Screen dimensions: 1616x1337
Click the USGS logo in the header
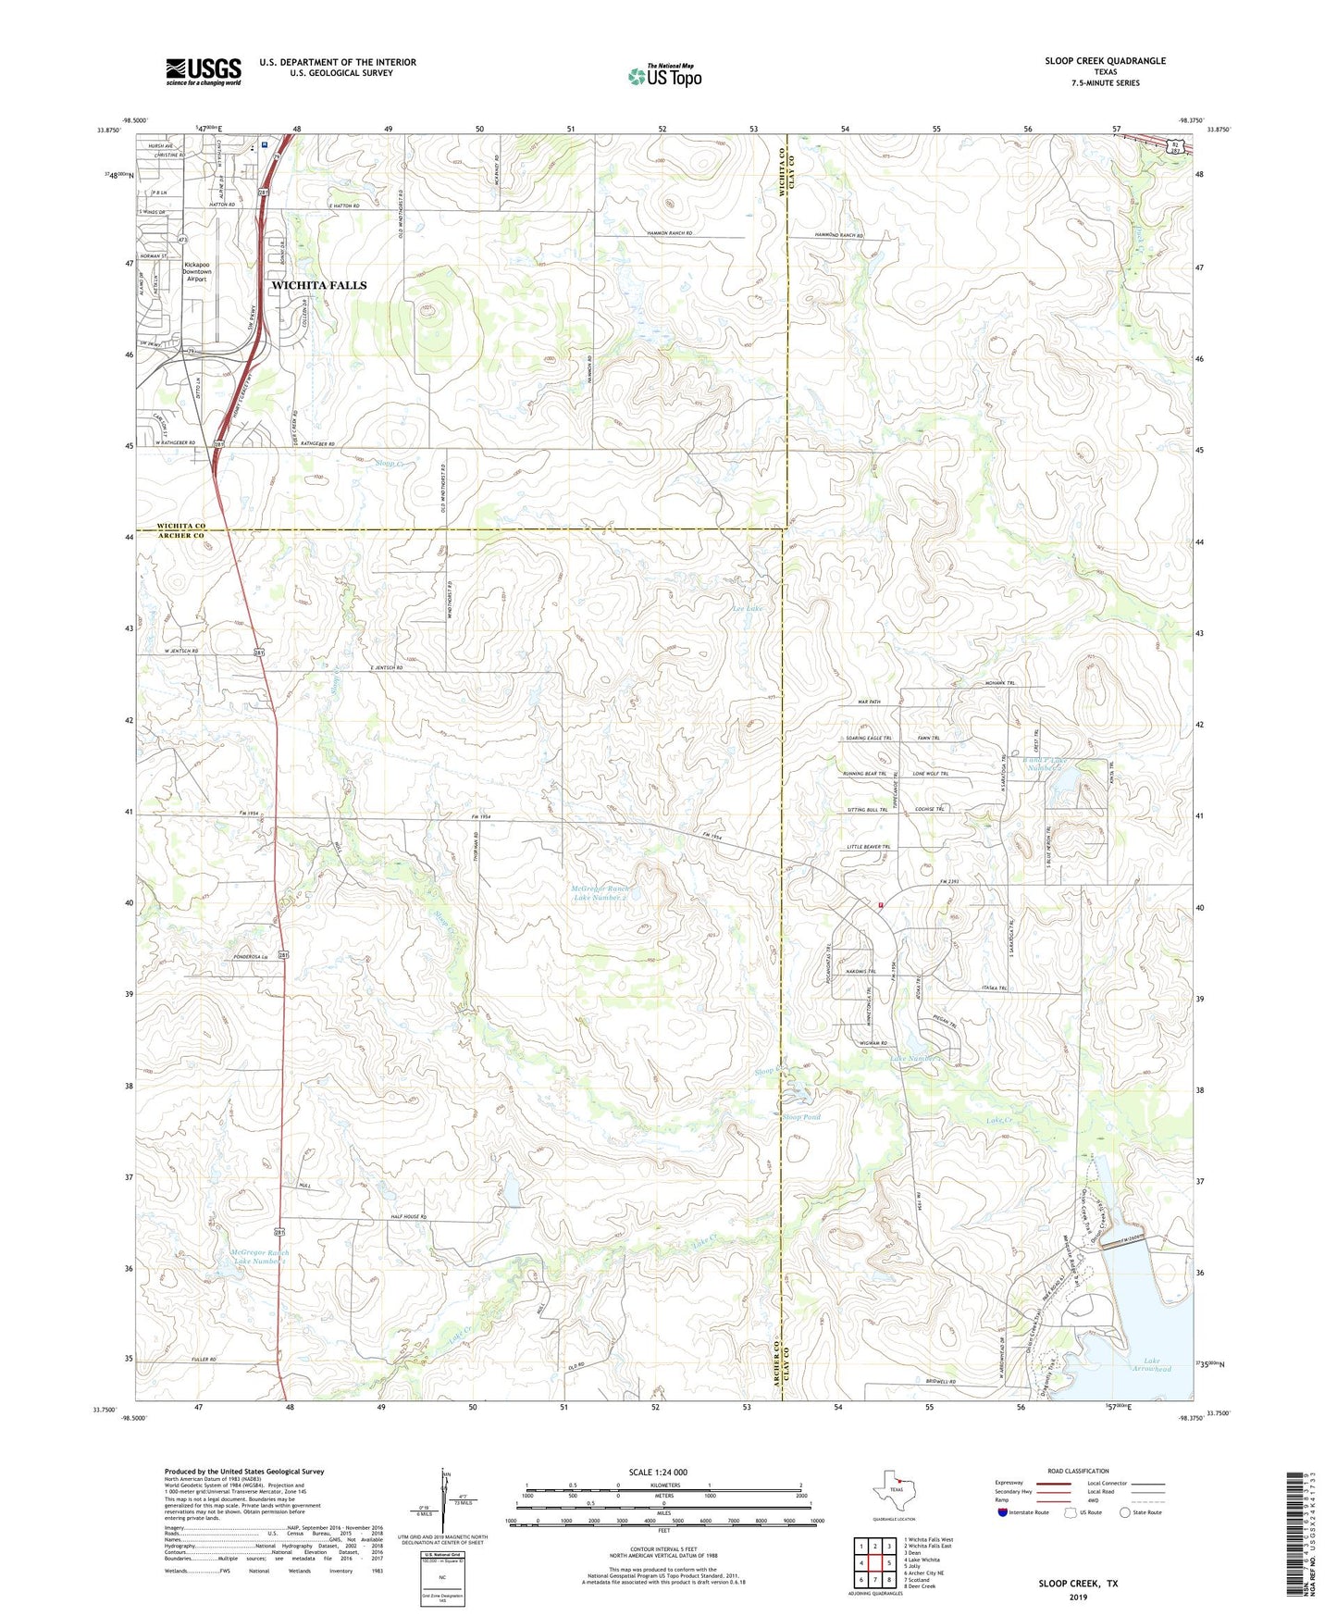tap(204, 70)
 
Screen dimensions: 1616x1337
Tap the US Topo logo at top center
tap(663, 76)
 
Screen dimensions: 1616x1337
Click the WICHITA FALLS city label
tap(319, 285)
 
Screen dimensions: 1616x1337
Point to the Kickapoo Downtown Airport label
tap(197, 271)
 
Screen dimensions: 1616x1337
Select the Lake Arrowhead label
tap(1151, 1364)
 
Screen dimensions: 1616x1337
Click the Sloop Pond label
tap(801, 1117)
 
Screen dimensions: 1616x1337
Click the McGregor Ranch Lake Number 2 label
tap(600, 893)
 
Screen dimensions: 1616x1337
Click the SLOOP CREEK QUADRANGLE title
tap(1105, 61)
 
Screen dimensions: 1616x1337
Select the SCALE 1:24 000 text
tap(658, 1472)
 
